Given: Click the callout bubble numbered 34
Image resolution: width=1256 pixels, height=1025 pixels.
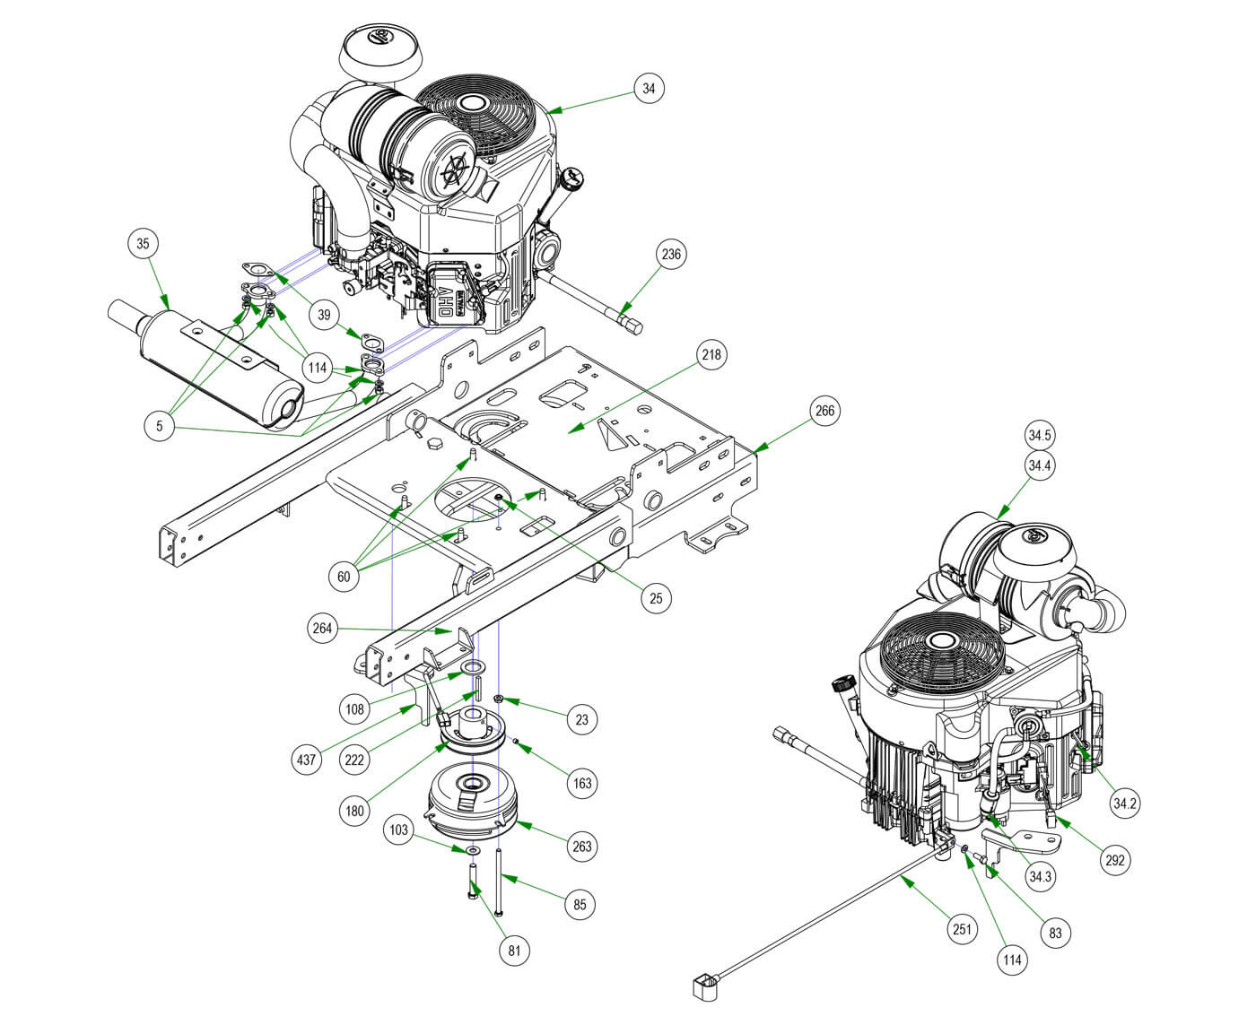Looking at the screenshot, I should point(650,88).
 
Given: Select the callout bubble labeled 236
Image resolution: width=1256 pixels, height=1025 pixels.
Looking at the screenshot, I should point(671,254).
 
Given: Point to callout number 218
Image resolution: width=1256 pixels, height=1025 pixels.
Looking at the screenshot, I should point(711,354).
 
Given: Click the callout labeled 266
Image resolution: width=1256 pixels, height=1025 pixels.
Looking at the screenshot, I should point(824,412).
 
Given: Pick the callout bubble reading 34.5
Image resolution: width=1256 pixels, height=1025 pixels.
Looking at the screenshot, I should point(1040,437).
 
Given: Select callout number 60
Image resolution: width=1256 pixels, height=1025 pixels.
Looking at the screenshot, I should point(344,577).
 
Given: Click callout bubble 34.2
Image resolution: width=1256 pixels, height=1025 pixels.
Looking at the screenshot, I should point(1125,803).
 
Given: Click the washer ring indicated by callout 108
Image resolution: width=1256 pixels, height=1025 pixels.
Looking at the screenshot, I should point(475,669).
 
